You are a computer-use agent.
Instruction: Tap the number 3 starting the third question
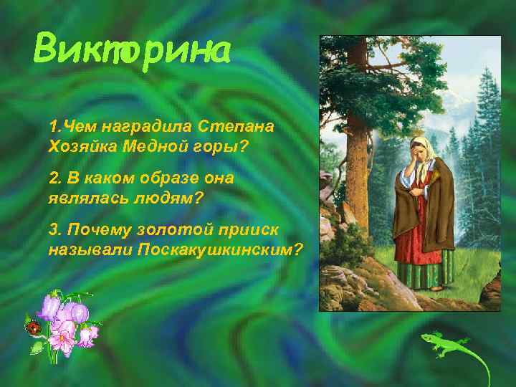coord(52,230)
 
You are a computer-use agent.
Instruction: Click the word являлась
coord(85,196)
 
